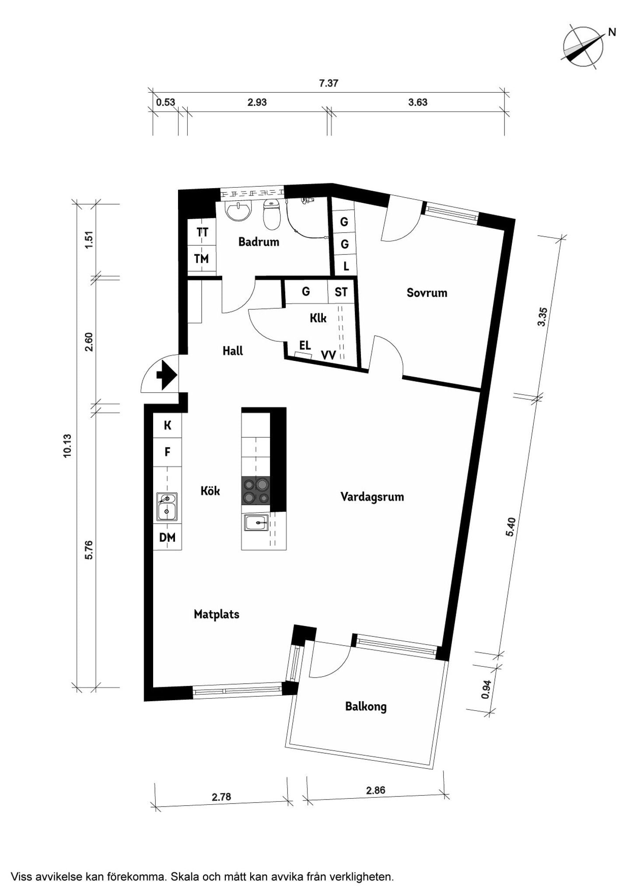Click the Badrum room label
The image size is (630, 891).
259,242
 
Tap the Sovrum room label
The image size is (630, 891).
427,293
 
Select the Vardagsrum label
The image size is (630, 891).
372,497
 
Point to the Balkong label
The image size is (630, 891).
366,706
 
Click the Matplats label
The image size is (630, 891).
217,614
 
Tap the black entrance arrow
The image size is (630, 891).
167,375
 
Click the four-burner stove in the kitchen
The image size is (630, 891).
256,490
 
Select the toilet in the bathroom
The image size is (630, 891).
272,214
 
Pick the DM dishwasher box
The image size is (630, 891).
167,537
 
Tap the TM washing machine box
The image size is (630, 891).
201,259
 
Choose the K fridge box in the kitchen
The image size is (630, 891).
167,425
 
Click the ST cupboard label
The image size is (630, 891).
341,292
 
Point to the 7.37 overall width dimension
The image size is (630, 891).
329,83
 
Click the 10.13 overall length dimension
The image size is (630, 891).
67,446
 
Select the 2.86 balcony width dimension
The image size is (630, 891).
376,790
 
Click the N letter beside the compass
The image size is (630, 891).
612,32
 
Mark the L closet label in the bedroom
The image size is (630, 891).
346,266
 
